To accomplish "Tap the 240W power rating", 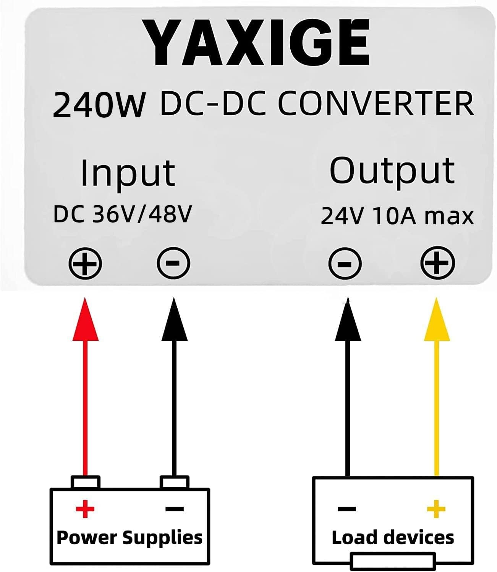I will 99,104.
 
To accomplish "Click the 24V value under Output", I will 341,216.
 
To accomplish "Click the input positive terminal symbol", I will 85,263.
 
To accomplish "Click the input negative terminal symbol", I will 173,263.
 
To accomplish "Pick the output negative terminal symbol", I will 345,263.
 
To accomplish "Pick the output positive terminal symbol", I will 437,263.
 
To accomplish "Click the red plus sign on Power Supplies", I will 85,509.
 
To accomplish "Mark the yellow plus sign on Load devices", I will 436,509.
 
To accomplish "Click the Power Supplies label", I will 129,538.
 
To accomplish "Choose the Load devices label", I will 393,538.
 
